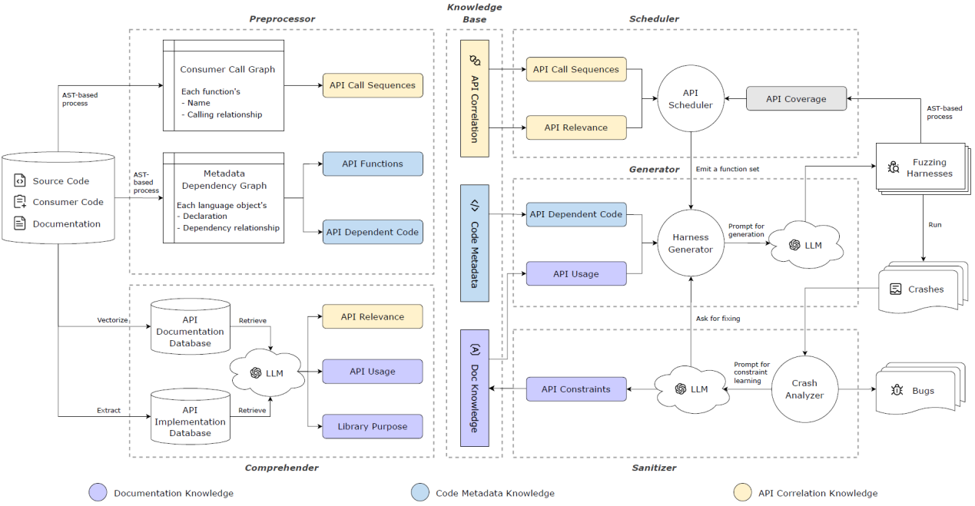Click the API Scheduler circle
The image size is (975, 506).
pyautogui.click(x=691, y=99)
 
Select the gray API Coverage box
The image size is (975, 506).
pyautogui.click(x=796, y=98)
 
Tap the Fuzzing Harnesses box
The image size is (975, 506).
pyautogui.click(x=920, y=167)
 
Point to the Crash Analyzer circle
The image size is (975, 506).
pyautogui.click(x=804, y=389)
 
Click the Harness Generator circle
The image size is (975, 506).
pyautogui.click(x=691, y=243)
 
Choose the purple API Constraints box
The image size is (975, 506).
pyautogui.click(x=575, y=389)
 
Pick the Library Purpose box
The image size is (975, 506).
pyautogui.click(x=373, y=427)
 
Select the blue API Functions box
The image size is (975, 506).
pyautogui.click(x=373, y=164)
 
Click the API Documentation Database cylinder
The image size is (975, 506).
pyautogui.click(x=190, y=326)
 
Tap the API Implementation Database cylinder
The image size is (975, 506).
pyautogui.click(x=190, y=415)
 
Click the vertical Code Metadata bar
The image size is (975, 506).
pyautogui.click(x=474, y=243)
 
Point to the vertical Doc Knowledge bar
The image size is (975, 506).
pyautogui.click(x=474, y=388)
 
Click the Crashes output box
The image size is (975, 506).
pyautogui.click(x=920, y=289)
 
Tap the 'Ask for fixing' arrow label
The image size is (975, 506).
pyautogui.click(x=718, y=319)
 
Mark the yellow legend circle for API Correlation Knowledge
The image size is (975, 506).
pyautogui.click(x=743, y=493)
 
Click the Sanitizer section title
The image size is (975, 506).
pyautogui.click(x=655, y=467)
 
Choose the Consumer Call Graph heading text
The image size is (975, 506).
pyautogui.click(x=227, y=69)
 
